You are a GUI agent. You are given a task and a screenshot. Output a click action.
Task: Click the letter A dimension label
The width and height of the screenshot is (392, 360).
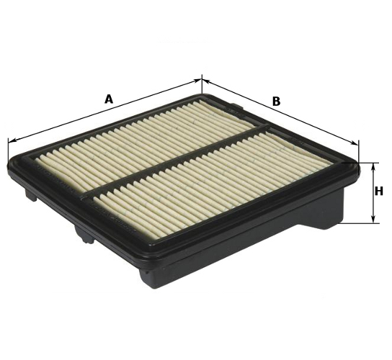[x=109, y=99]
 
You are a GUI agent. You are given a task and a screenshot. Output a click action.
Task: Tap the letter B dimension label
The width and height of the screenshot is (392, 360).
[x=276, y=102]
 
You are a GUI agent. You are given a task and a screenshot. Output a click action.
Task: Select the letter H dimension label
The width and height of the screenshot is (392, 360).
[x=379, y=192]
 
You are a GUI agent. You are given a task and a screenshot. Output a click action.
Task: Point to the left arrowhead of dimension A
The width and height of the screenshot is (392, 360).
[x=12, y=140]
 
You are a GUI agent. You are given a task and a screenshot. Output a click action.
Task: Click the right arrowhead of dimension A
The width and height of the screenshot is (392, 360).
[x=197, y=81]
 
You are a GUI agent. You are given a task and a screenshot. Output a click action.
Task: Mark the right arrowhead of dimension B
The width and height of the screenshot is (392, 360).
[x=355, y=143]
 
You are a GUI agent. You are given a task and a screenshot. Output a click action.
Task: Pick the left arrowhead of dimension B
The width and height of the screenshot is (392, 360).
[x=206, y=81]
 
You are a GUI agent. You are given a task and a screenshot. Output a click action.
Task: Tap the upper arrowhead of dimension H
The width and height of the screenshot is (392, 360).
[x=373, y=167]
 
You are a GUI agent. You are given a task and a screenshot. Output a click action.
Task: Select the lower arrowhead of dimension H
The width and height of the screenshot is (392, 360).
[x=373, y=219]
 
